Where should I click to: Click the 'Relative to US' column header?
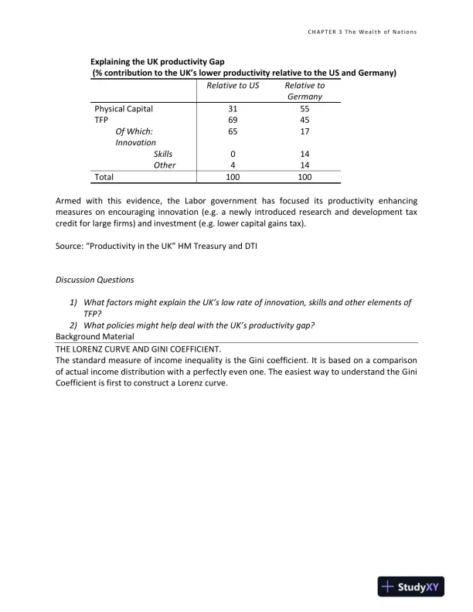point(233,85)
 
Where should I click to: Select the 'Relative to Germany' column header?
point(305,91)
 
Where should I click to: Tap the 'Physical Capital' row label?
point(124,109)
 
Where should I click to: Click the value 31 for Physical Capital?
point(233,109)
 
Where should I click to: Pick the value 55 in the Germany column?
point(305,109)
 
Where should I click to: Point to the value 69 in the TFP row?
point(233,120)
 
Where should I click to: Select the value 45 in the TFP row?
point(305,120)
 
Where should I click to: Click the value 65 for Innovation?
point(233,131)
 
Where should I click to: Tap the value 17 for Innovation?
point(305,131)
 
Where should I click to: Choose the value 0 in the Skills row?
point(233,154)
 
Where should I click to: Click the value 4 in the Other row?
point(233,165)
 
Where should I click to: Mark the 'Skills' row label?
point(163,154)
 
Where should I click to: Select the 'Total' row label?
point(104,177)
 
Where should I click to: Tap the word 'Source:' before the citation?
point(70,246)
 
